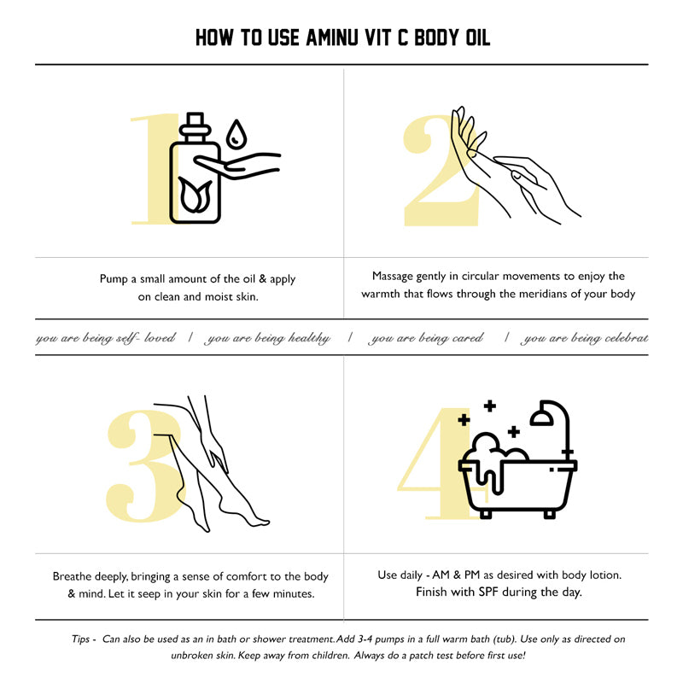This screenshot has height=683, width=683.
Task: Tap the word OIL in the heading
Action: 478,38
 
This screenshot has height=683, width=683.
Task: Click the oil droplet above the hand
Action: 236,134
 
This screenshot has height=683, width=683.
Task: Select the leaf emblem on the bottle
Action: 196,195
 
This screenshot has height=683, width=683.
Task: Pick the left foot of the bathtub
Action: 485,513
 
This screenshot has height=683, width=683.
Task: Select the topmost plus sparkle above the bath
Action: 490,406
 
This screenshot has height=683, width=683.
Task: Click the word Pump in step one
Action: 114,279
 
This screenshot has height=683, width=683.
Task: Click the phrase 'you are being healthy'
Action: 267,338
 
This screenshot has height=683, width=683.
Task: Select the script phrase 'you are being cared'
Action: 425,338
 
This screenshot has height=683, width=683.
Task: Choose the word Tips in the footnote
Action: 81,639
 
